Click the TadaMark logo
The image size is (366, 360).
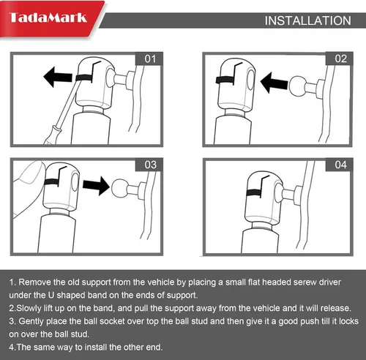click(48, 18)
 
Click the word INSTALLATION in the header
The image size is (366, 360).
click(308, 20)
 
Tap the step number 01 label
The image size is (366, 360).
click(150, 59)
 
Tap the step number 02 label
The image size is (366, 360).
click(340, 59)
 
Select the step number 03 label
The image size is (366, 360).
click(150, 165)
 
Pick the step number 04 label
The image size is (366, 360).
click(340, 165)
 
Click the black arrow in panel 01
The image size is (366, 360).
click(58, 77)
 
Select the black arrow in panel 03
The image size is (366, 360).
click(96, 186)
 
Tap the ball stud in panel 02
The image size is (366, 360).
click(297, 86)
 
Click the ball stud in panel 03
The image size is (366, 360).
click(120, 188)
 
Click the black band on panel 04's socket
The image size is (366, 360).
click(254, 192)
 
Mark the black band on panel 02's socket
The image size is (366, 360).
click(225, 80)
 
